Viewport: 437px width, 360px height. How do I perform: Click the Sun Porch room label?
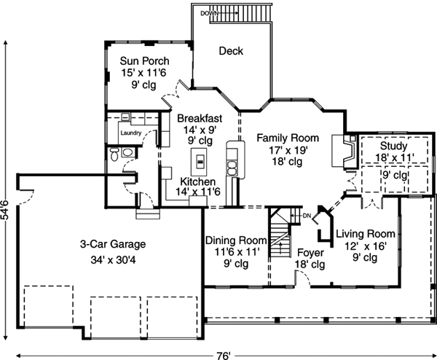tap(146, 60)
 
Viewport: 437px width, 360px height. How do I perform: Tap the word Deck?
tap(231, 51)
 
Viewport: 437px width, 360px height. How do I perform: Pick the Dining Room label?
tap(235, 240)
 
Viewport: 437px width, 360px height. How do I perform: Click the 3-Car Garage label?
tap(113, 244)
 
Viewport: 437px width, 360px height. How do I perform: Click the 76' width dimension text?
tap(224, 355)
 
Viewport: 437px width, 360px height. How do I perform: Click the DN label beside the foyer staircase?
tap(306, 215)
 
